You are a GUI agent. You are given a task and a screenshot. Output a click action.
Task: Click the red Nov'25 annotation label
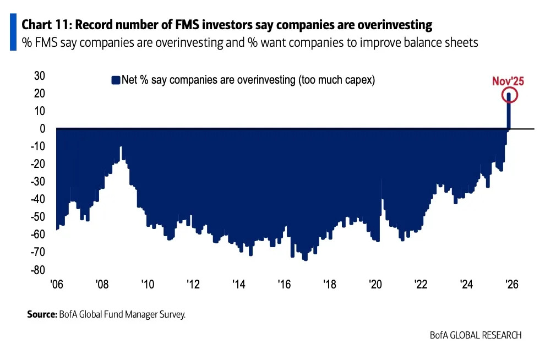pos(508,81)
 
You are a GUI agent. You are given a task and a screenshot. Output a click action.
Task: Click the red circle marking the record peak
pos(509,96)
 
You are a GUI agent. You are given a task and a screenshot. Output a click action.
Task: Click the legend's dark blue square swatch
pos(116,80)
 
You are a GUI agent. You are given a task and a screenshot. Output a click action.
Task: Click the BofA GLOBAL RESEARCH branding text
pos(476,335)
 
